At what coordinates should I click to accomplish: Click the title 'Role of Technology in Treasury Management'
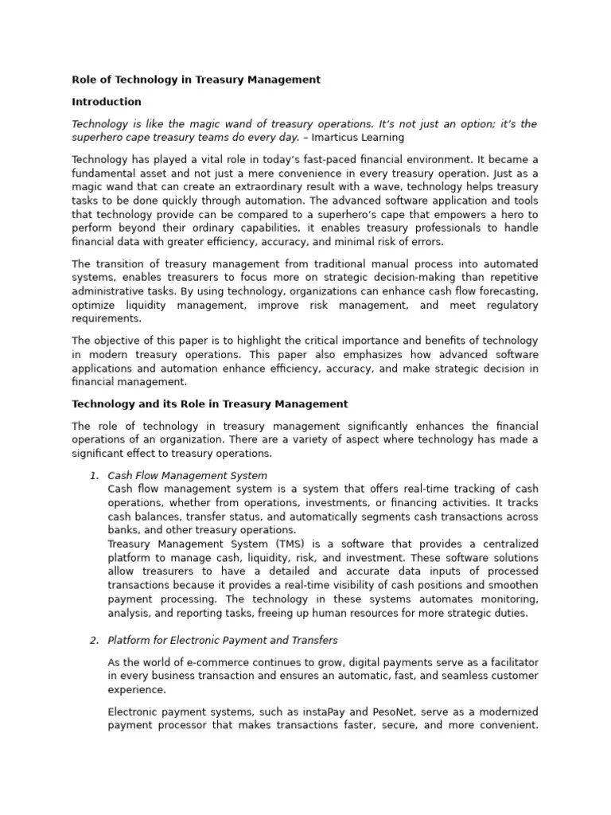pos(196,80)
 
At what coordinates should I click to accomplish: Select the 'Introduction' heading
pos(107,102)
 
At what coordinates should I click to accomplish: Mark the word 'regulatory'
pos(507,306)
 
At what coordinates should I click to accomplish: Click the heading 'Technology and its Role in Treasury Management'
pos(210,404)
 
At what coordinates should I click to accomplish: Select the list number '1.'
pos(93,475)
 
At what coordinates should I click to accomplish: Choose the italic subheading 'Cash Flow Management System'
pos(187,475)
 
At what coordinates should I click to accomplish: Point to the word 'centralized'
pos(507,543)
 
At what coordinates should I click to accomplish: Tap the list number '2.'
pos(93,640)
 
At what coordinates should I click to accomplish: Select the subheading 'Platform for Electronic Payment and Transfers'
pos(222,640)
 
